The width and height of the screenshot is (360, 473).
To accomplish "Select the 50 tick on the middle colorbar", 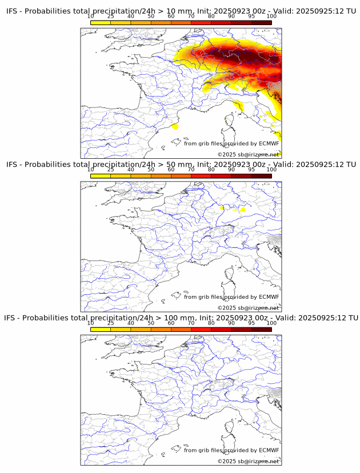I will (151, 169).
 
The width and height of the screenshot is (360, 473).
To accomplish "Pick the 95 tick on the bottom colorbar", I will (251, 323).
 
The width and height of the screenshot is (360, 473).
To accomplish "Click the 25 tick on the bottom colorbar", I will (111, 323).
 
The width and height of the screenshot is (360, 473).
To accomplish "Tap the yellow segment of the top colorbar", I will (101, 22).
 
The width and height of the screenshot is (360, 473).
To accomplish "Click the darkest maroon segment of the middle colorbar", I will (261, 176).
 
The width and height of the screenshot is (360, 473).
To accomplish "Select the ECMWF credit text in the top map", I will (231, 143).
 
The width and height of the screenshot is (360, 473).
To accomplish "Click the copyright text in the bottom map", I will (248, 461).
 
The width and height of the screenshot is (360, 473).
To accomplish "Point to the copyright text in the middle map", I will (248, 308).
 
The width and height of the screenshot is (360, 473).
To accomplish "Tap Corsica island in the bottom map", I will (229, 428).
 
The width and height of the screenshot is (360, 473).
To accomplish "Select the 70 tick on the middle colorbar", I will (191, 169).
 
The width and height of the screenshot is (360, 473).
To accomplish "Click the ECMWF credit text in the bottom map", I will (231, 450).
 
